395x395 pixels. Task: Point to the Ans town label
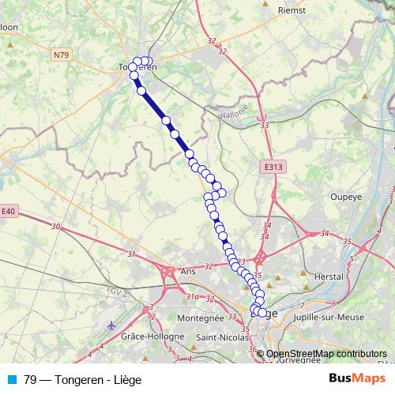pyautogui.click(x=188, y=271)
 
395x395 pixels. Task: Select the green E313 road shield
pyautogui.click(x=273, y=167)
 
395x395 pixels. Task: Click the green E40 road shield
pyautogui.click(x=8, y=212)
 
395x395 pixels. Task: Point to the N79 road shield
pyautogui.click(x=62, y=55)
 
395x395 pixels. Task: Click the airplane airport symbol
pyautogui.click(x=110, y=325)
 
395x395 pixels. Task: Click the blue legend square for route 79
pyautogui.click(x=13, y=379)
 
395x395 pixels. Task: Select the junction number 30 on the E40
pyautogui.click(x=55, y=227)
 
